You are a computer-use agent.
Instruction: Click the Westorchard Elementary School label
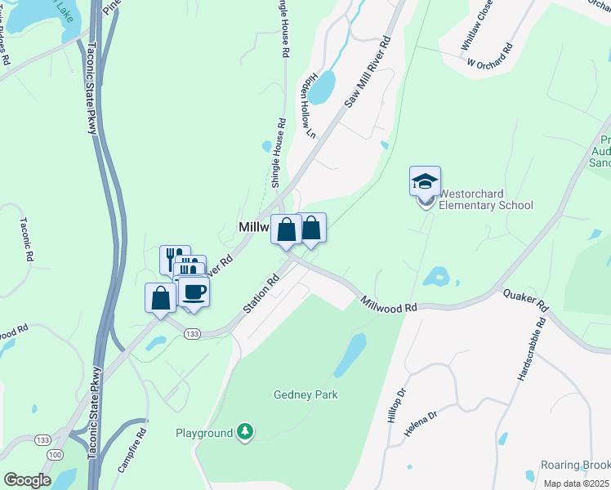point(486,200)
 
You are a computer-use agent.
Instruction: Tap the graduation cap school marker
point(425,180)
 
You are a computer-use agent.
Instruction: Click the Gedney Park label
point(305,394)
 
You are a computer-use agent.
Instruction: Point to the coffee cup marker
point(194,292)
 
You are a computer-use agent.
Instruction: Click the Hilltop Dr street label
point(400,402)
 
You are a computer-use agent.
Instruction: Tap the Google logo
point(27,479)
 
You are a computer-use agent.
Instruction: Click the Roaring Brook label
point(575,465)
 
